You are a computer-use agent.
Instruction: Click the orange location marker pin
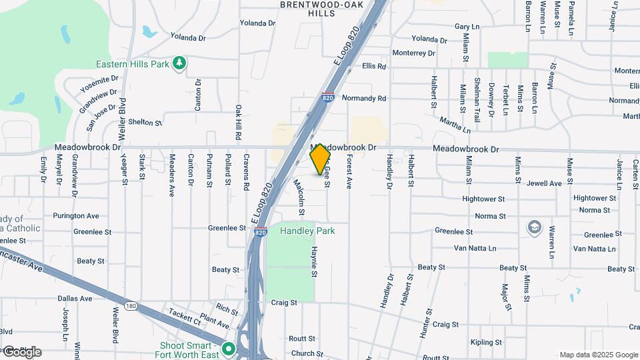(x=321, y=158)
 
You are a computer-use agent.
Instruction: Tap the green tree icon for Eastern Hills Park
(x=179, y=63)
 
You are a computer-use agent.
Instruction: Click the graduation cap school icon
(x=533, y=227)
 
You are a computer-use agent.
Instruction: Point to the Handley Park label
(x=307, y=231)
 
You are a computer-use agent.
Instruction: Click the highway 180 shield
(x=131, y=306)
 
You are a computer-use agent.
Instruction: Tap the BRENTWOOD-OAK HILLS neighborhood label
(x=327, y=9)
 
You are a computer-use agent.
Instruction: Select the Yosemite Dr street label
(x=99, y=84)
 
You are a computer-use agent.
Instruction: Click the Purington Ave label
(x=77, y=216)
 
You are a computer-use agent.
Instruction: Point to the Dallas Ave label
(x=75, y=299)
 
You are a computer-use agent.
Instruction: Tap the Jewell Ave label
(x=544, y=183)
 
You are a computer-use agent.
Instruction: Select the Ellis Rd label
(x=374, y=67)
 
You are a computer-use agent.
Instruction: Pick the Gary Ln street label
(x=467, y=27)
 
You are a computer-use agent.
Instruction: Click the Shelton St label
(x=145, y=123)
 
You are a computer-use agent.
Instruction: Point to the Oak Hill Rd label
(x=238, y=121)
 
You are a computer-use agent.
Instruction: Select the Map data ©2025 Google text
(x=599, y=355)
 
